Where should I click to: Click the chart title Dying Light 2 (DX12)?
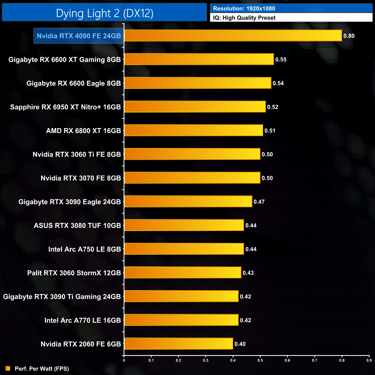104,13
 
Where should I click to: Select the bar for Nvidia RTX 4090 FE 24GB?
233,36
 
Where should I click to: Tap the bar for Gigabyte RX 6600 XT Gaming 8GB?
199,59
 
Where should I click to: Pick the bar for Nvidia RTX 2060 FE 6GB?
178,344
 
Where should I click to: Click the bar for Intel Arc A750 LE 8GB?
184,249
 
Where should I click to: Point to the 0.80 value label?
349,36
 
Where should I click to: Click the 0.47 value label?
259,202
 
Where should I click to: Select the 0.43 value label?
248,273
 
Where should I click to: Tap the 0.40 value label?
240,344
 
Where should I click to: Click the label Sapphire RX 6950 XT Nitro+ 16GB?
65,107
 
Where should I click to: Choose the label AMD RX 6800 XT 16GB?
83,131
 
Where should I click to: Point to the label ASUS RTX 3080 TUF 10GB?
77,226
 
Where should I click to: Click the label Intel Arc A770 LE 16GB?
82,320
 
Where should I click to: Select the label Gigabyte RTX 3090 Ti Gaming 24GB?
62,297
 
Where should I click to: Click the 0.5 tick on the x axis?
260,360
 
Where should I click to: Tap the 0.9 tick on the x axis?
369,360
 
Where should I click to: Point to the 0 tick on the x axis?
124,360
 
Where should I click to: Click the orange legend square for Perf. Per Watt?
8,368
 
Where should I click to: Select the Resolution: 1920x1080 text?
244,9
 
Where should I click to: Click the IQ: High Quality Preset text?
244,18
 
